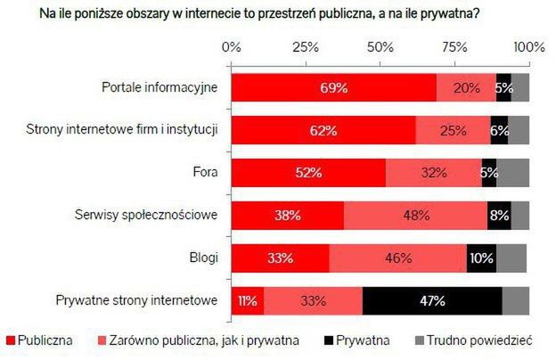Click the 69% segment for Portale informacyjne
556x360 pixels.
[x=334, y=88]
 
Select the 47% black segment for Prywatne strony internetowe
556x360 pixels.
[x=432, y=301]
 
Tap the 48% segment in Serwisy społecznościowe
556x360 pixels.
[x=414, y=216]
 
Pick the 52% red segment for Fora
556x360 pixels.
[x=308, y=173]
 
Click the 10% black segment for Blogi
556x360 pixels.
[x=481, y=258]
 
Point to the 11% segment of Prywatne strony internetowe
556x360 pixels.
[x=248, y=301]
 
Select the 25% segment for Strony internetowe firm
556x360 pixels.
[x=453, y=131]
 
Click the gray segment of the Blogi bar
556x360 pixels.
[x=511, y=258]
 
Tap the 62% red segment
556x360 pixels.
[x=323, y=131]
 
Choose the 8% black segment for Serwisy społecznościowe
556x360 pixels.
[x=499, y=216]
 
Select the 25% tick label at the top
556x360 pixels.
[x=306, y=46]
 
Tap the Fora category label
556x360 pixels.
[x=205, y=173]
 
